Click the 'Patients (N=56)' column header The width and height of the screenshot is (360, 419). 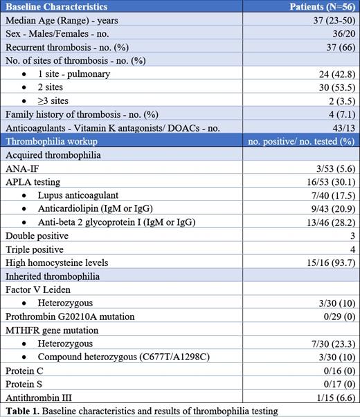319,6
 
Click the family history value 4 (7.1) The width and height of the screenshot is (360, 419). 339,114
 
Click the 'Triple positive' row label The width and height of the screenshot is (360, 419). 34,249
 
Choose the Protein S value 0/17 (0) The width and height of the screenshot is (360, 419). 336,384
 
